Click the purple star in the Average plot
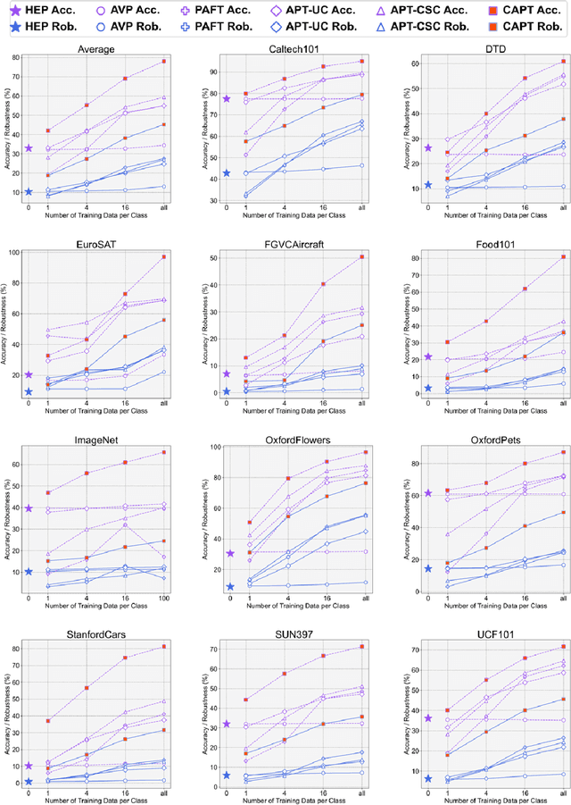click(29, 148)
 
